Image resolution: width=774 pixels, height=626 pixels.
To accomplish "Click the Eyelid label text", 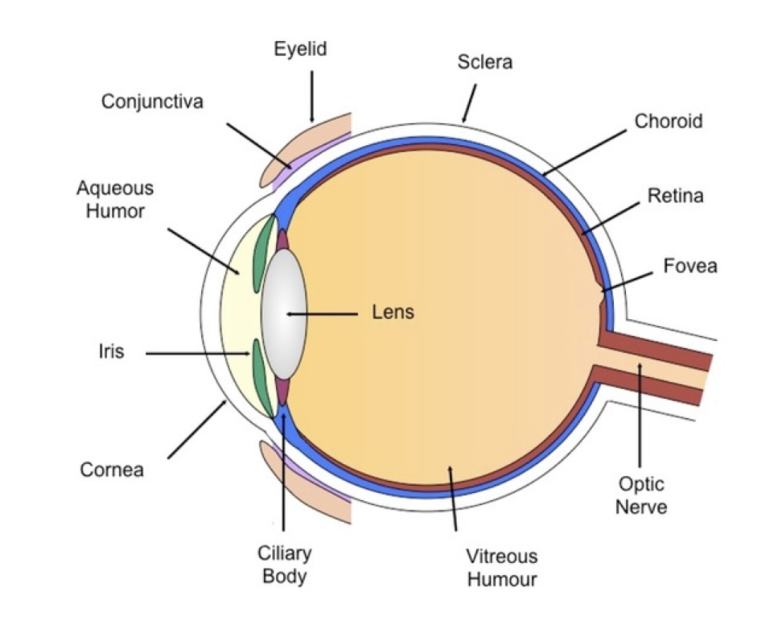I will point(300,49).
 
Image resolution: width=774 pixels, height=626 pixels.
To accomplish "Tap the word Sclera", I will point(484,62).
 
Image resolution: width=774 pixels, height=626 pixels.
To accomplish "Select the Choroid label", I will point(668,121).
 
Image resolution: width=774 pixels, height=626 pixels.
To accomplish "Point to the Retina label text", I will point(675,196).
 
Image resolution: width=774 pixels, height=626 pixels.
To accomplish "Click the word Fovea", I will point(690,266).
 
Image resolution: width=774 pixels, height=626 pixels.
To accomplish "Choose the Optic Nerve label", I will point(640,496).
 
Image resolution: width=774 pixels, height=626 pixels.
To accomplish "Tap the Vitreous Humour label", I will point(501,567).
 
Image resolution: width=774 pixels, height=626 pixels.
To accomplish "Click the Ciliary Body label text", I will point(284,564).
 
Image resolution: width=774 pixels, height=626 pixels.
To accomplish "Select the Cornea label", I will point(112,470).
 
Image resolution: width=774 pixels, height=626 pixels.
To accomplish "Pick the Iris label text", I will point(112,351).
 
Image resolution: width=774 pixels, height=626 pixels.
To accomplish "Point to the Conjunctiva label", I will point(152,101).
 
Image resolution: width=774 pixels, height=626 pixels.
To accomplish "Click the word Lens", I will point(394,312).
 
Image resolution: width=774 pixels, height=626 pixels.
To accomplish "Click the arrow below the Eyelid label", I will point(312,96).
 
